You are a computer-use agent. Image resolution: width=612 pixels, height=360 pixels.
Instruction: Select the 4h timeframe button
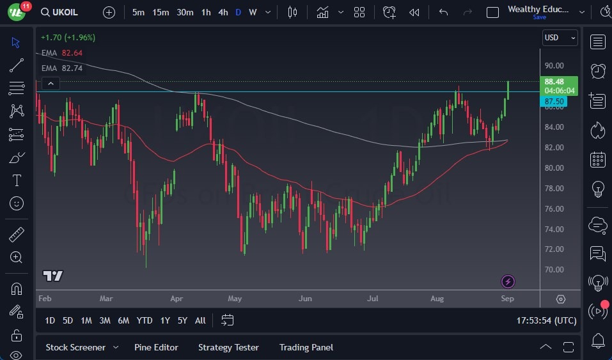223,12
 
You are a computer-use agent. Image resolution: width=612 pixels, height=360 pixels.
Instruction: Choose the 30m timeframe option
185,12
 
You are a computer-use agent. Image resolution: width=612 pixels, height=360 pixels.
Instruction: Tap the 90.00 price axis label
554,66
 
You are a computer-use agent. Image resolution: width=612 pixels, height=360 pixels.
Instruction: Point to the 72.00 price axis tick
554,249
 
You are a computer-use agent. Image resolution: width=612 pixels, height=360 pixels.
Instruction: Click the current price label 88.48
554,82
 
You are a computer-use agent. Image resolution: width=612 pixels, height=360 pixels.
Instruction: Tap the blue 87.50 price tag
554,102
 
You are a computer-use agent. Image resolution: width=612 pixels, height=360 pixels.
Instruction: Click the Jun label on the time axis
305,299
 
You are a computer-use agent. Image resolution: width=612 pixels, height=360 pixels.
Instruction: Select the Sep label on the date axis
507,299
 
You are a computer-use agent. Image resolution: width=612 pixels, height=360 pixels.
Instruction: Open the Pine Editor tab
156,347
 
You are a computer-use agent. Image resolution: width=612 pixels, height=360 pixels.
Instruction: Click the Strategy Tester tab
228,347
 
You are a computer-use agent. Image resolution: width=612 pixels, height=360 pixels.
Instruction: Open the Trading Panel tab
306,347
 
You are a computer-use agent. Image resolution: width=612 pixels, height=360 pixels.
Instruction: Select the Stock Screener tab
75,347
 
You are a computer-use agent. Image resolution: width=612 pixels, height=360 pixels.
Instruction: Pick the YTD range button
145,320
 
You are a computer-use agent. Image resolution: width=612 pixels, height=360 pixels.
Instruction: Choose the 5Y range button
182,320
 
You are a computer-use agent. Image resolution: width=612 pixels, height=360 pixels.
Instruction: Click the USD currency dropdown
560,38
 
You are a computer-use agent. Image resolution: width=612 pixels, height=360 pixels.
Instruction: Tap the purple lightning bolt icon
508,281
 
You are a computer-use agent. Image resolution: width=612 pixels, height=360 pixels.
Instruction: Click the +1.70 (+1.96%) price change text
67,38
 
